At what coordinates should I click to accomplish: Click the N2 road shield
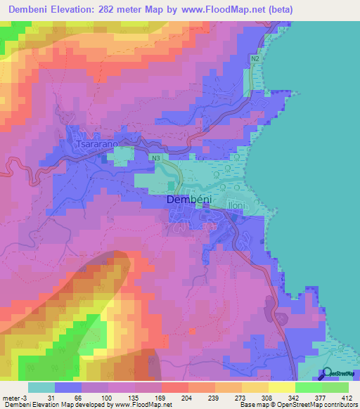[x=255, y=60]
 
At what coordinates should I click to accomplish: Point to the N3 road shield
[x=155, y=160]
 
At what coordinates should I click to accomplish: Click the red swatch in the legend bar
[x=174, y=387]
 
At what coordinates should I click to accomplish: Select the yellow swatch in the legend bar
[x=281, y=387]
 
